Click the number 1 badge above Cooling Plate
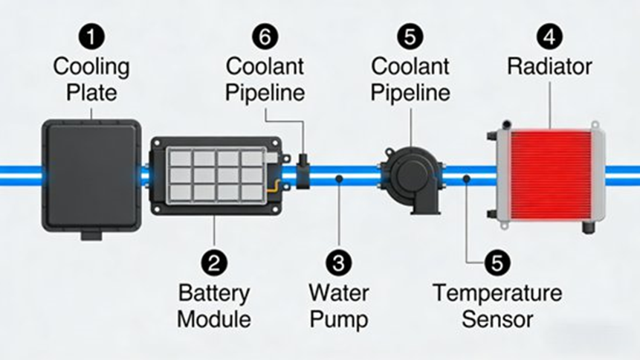click(x=91, y=36)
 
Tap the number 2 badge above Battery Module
click(x=214, y=263)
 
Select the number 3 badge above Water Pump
click(x=338, y=263)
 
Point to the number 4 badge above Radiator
click(x=549, y=36)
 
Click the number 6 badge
click(x=265, y=36)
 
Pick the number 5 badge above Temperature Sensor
click(x=497, y=263)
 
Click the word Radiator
click(x=549, y=66)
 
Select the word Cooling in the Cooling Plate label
click(x=91, y=66)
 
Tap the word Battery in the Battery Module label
click(x=214, y=292)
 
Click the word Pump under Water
click(x=338, y=321)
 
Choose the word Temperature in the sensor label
click(x=497, y=292)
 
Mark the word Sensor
click(x=497, y=321)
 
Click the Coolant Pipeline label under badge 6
click(x=265, y=80)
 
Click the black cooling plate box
click(x=91, y=175)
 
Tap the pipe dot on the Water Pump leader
click(x=338, y=179)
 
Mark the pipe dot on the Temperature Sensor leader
click(x=466, y=179)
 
